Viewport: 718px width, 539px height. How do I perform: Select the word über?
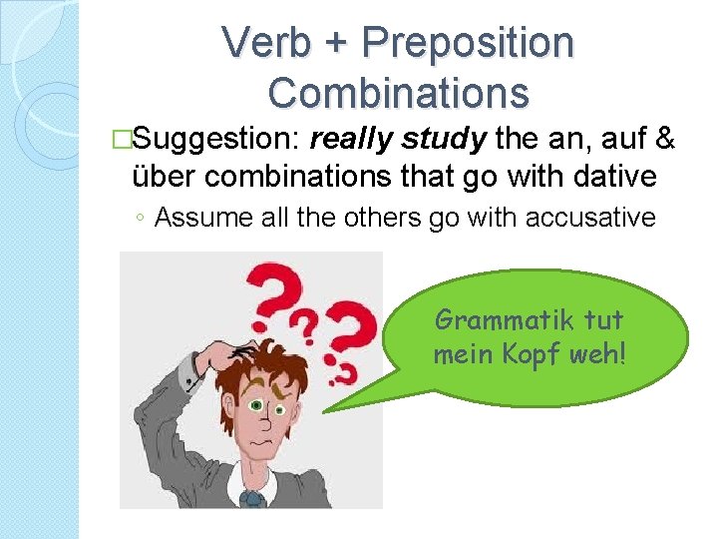pyautogui.click(x=166, y=178)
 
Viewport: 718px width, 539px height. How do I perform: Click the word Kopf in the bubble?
pyautogui.click(x=542, y=354)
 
